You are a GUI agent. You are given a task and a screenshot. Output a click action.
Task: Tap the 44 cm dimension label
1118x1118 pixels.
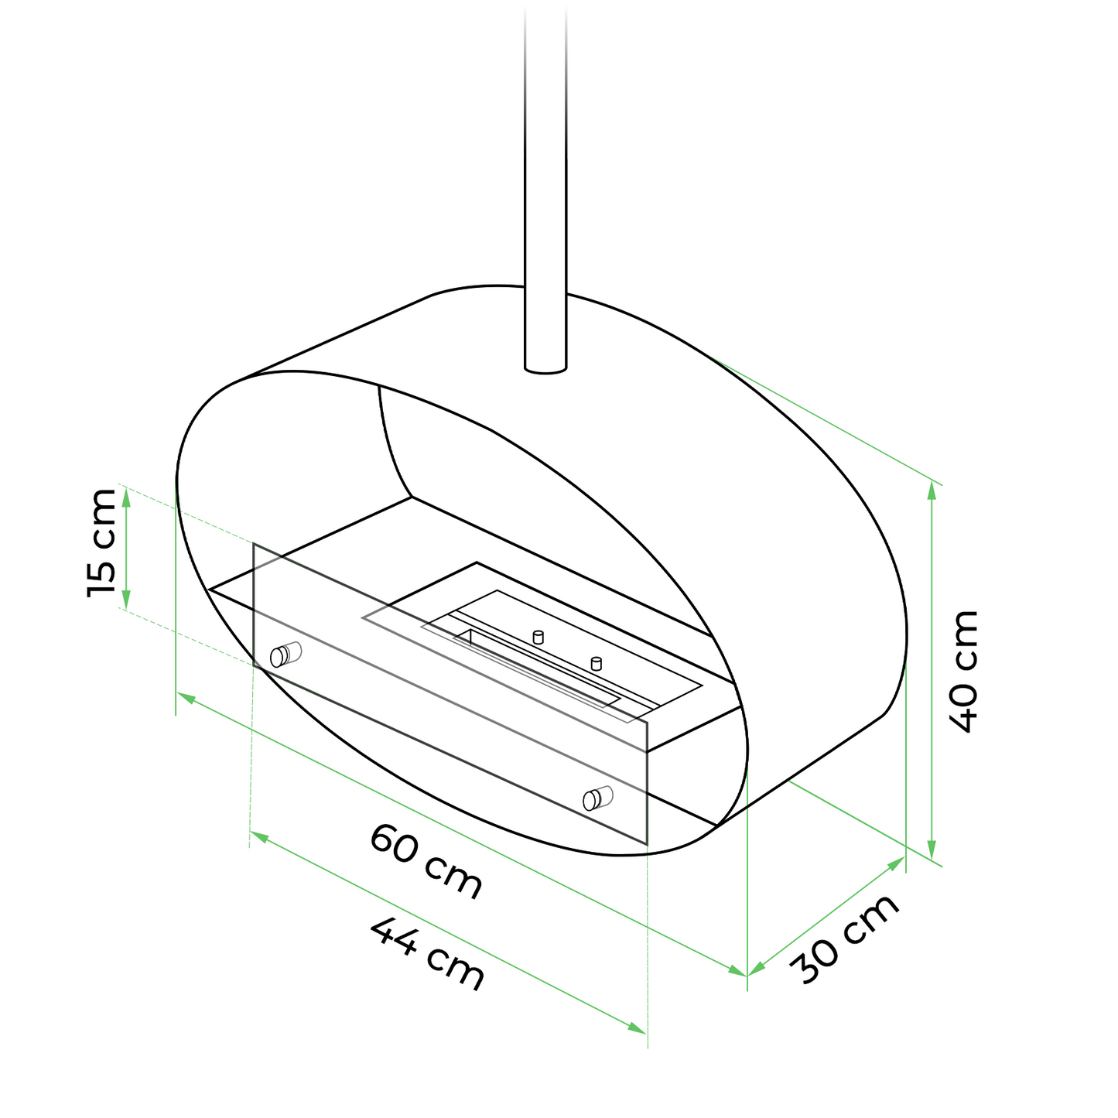point(427,954)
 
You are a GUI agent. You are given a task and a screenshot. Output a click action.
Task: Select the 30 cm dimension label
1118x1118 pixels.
point(845,941)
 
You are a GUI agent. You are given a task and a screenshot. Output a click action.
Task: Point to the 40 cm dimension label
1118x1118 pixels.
point(964,672)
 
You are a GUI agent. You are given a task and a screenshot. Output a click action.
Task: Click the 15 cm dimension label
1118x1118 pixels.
point(101,543)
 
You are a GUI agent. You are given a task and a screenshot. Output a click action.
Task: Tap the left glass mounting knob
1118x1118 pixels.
point(286,655)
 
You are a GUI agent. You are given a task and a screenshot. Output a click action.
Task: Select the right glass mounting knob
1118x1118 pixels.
point(598,798)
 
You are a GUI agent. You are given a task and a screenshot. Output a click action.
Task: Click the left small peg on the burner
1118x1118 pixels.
point(538,637)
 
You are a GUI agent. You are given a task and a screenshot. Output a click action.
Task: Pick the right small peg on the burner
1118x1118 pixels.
point(596,663)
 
